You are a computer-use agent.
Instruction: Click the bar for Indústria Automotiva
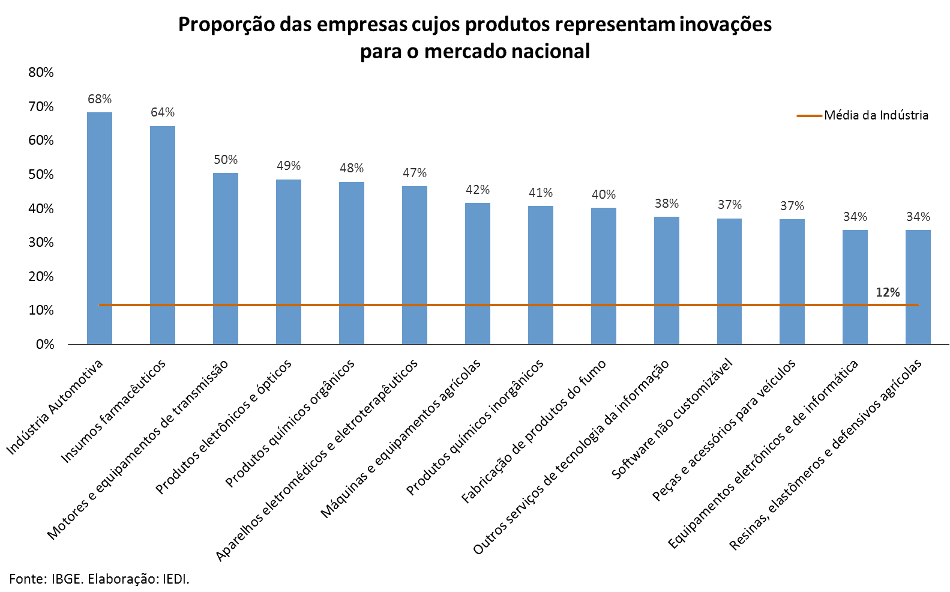(x=100, y=228)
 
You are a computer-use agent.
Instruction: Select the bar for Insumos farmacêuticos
(x=163, y=235)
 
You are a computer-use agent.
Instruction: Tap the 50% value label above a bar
(x=226, y=160)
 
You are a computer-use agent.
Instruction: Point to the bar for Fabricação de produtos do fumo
(x=604, y=276)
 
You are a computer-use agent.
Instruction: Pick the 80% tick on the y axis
(x=41, y=73)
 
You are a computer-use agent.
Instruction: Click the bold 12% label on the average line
(x=888, y=292)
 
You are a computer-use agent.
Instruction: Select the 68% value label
(x=100, y=99)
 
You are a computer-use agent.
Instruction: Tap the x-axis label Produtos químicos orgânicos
(x=290, y=423)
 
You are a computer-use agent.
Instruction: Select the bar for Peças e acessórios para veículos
(x=792, y=282)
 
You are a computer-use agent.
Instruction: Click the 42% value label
(x=478, y=190)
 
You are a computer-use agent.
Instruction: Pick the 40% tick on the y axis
(x=41, y=208)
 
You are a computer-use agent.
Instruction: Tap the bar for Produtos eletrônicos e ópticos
(x=289, y=262)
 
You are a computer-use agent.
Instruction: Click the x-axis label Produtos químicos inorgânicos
(x=475, y=427)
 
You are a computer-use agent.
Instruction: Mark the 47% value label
(x=415, y=173)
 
